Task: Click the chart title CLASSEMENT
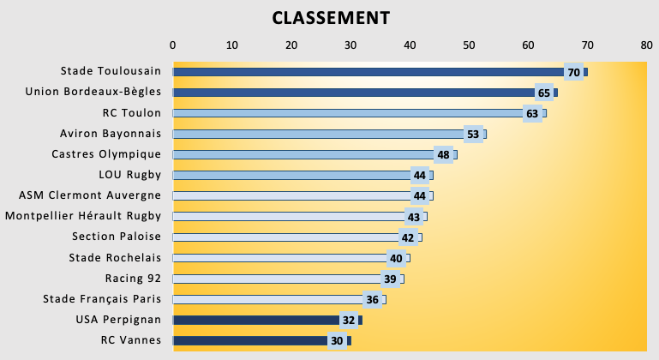331,18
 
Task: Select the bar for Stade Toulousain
380,72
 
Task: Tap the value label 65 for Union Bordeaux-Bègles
544,93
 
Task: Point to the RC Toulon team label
132,113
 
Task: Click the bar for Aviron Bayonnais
329,135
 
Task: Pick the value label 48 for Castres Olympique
443,155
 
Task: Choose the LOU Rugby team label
130,175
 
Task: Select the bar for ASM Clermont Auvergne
303,196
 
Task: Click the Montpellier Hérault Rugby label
83,216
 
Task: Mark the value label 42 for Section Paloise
408,237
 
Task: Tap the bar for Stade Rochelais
291,258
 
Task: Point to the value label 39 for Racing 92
390,279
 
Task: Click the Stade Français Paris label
102,299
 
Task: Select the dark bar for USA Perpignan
267,320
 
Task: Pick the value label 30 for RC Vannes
337,340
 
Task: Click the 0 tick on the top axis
173,45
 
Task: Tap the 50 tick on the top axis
469,45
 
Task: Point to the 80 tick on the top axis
647,45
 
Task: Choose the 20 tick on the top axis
291,45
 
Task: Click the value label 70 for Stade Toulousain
573,72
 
